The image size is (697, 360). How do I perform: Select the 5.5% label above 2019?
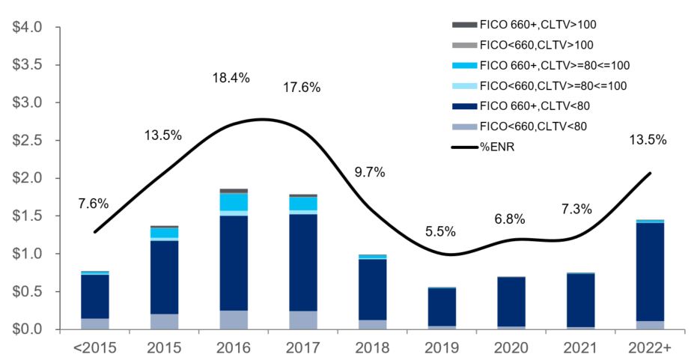440,231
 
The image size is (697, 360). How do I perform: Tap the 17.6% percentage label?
302,88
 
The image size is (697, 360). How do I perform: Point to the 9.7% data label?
369,172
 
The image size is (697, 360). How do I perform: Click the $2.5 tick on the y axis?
28,141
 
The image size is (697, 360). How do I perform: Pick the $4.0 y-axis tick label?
28,28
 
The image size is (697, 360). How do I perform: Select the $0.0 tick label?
28,329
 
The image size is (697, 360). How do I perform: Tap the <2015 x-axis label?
94,348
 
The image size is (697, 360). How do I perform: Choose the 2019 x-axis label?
440,348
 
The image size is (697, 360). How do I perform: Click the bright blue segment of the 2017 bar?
302,203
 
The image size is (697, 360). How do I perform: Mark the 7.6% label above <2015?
94,204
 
